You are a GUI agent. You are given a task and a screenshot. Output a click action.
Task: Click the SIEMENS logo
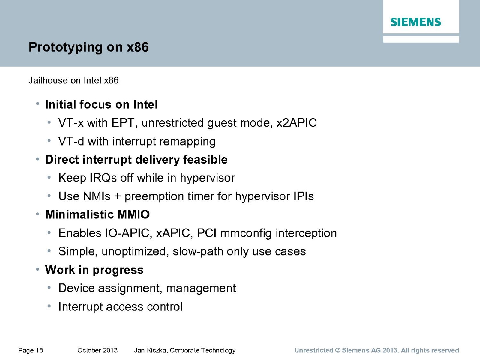(x=416, y=22)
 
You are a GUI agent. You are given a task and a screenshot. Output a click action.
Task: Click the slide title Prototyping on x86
(x=88, y=47)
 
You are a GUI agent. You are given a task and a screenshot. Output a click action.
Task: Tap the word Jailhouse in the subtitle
(x=48, y=80)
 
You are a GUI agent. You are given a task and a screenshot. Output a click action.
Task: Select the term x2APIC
(x=296, y=123)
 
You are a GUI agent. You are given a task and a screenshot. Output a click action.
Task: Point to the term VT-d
(x=71, y=141)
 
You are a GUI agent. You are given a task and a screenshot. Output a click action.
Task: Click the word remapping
(x=187, y=142)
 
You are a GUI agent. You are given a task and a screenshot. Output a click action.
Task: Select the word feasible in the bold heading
(x=205, y=159)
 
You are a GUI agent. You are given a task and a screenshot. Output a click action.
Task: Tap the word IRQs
(x=103, y=178)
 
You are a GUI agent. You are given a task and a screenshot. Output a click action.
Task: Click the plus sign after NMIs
(x=118, y=196)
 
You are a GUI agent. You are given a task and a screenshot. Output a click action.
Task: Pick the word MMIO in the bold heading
(x=133, y=214)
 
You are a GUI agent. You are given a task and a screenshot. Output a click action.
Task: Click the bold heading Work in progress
(x=94, y=270)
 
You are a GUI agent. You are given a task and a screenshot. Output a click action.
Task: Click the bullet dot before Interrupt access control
(x=49, y=306)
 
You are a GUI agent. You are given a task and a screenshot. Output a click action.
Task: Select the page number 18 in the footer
(x=39, y=350)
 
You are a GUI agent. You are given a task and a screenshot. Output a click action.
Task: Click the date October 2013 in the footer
(x=97, y=350)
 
